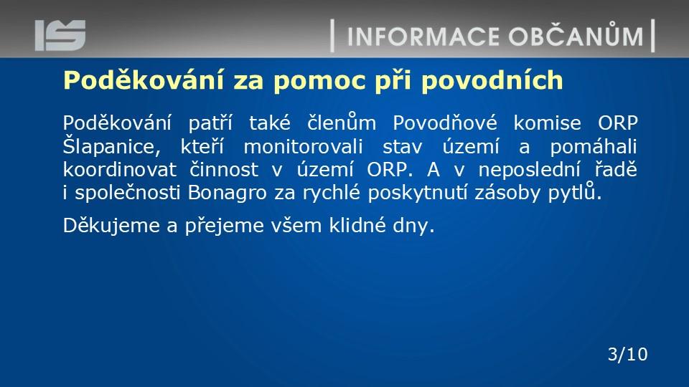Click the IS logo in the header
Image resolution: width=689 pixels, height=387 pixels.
60,35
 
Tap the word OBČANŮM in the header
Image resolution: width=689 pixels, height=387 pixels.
576,34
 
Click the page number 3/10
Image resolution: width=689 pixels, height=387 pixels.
627,354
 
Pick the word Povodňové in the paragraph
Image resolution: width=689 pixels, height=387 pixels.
445,123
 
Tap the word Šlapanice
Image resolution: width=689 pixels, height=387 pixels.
112,146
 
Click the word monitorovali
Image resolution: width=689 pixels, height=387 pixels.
303,146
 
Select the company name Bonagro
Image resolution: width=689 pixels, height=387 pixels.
228,193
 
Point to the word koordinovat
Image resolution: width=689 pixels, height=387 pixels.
120,170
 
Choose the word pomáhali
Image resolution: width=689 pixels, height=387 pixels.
594,147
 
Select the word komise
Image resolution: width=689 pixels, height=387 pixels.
547,123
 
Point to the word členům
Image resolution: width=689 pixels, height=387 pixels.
342,122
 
